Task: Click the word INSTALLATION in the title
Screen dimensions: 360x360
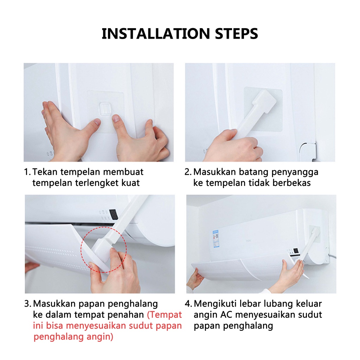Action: (156, 33)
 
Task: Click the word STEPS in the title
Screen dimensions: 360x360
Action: (237, 33)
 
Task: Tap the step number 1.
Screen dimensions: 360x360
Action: (27, 172)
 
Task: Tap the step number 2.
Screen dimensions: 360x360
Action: (188, 172)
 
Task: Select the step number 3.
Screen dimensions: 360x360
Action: (27, 304)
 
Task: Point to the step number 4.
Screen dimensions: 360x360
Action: (188, 304)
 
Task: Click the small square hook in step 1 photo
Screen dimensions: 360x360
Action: (105, 108)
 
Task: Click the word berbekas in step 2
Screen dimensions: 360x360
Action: (291, 183)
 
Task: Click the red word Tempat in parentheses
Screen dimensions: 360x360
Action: (165, 315)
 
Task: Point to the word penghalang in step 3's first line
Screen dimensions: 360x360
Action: (133, 304)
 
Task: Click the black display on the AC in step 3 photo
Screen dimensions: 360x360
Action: (114, 214)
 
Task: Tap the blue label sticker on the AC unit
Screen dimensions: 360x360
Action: (216, 239)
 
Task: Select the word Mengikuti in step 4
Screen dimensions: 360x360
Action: (215, 304)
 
